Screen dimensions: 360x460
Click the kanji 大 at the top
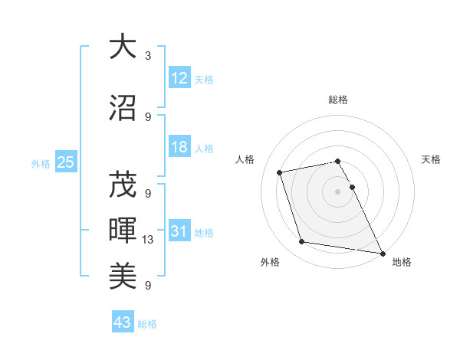click(x=123, y=47)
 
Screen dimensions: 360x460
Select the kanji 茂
click(x=123, y=185)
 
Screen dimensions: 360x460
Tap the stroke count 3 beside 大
click(x=148, y=56)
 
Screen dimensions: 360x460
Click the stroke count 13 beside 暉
click(x=149, y=240)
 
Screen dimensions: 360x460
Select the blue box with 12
click(x=179, y=78)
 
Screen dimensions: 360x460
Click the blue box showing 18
click(x=179, y=148)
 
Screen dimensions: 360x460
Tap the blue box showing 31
click(x=179, y=231)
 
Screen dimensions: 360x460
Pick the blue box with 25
click(x=65, y=162)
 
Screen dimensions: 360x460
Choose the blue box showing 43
click(x=123, y=322)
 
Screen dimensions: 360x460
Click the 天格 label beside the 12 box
click(x=204, y=79)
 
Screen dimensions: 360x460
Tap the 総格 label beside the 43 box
click(x=147, y=324)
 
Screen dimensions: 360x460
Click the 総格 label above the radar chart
click(x=338, y=100)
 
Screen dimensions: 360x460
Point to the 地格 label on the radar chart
click(x=402, y=263)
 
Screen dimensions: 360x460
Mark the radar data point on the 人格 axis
click(x=280, y=172)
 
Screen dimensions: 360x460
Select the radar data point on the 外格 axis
click(x=302, y=242)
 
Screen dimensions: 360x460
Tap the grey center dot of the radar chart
click(x=338, y=191)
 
